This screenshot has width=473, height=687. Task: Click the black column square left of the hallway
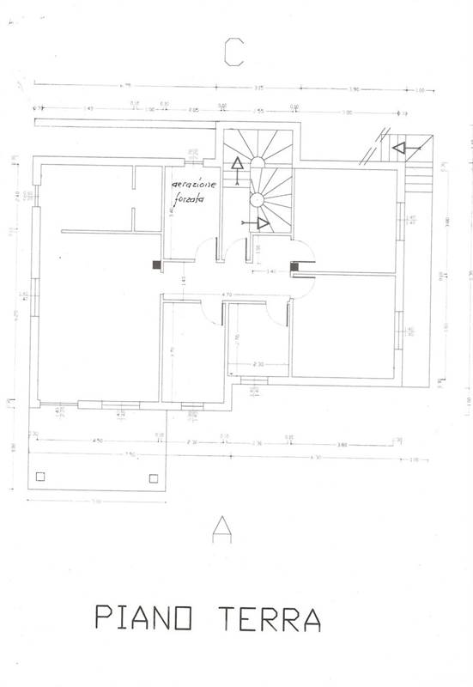pyautogui.click(x=155, y=265)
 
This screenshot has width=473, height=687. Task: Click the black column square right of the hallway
pyautogui.click(x=294, y=268)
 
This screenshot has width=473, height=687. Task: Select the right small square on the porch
pyautogui.click(x=154, y=477)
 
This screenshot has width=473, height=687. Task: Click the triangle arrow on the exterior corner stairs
pyautogui.click(x=398, y=148)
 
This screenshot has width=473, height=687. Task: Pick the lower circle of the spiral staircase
pyautogui.click(x=256, y=199)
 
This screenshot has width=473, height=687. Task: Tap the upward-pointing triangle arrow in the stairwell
pyautogui.click(x=234, y=166)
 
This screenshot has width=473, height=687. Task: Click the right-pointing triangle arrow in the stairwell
pyautogui.click(x=264, y=224)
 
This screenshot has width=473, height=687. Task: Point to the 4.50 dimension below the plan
pyautogui.click(x=98, y=441)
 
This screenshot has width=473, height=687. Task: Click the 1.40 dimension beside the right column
pyautogui.click(x=271, y=271)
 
